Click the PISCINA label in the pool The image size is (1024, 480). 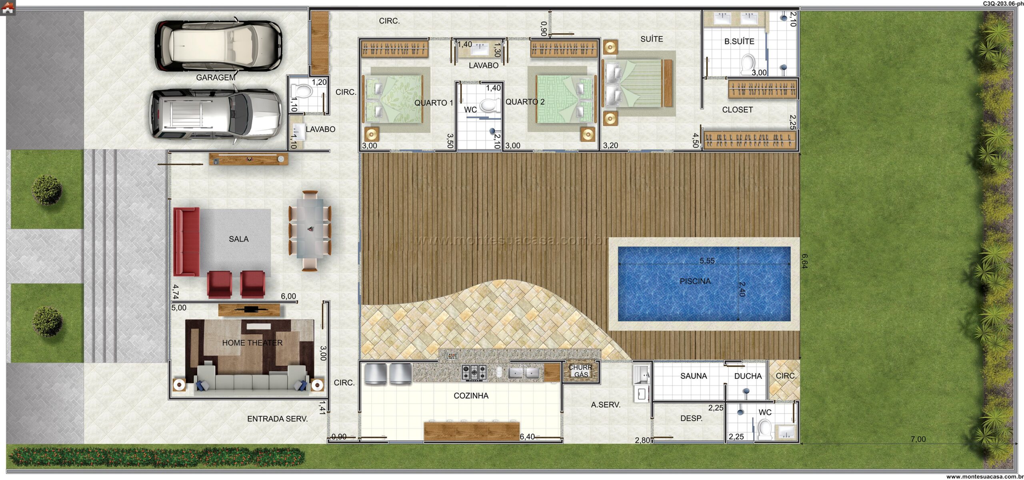click(695, 281)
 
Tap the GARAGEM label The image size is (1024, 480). click(216, 78)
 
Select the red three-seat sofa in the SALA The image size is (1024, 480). click(186, 242)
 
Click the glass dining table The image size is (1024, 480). click(310, 231)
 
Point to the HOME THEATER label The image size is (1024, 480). click(252, 343)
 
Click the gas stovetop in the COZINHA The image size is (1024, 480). click(474, 372)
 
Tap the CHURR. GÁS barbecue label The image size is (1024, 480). click(581, 371)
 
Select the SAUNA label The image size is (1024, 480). click(694, 376)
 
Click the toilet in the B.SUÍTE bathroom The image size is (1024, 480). click(747, 65)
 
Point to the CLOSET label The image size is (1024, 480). click(737, 110)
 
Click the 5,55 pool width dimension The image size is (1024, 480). click(707, 261)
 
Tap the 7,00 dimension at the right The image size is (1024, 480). click(918, 439)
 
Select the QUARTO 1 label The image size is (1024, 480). click(434, 103)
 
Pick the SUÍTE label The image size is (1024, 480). click(652, 39)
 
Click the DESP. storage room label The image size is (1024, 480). click(691, 418)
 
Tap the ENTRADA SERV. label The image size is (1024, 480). click(277, 419)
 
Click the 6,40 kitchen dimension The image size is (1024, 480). click(527, 437)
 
